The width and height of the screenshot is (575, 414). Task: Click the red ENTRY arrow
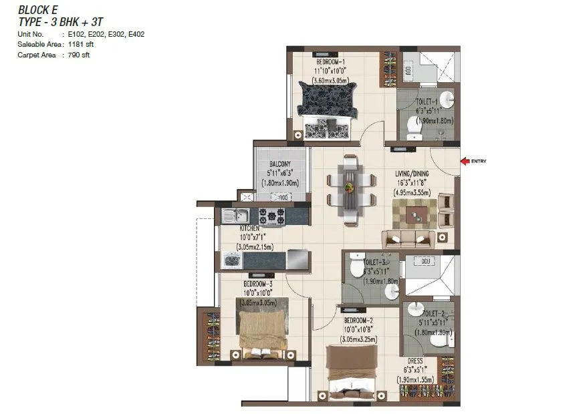coord(465,160)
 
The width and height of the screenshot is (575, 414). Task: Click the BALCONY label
coord(279,164)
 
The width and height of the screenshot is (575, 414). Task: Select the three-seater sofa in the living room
coord(408,238)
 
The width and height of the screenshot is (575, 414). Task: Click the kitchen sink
coord(235,216)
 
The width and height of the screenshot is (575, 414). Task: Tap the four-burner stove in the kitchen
coord(271,216)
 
